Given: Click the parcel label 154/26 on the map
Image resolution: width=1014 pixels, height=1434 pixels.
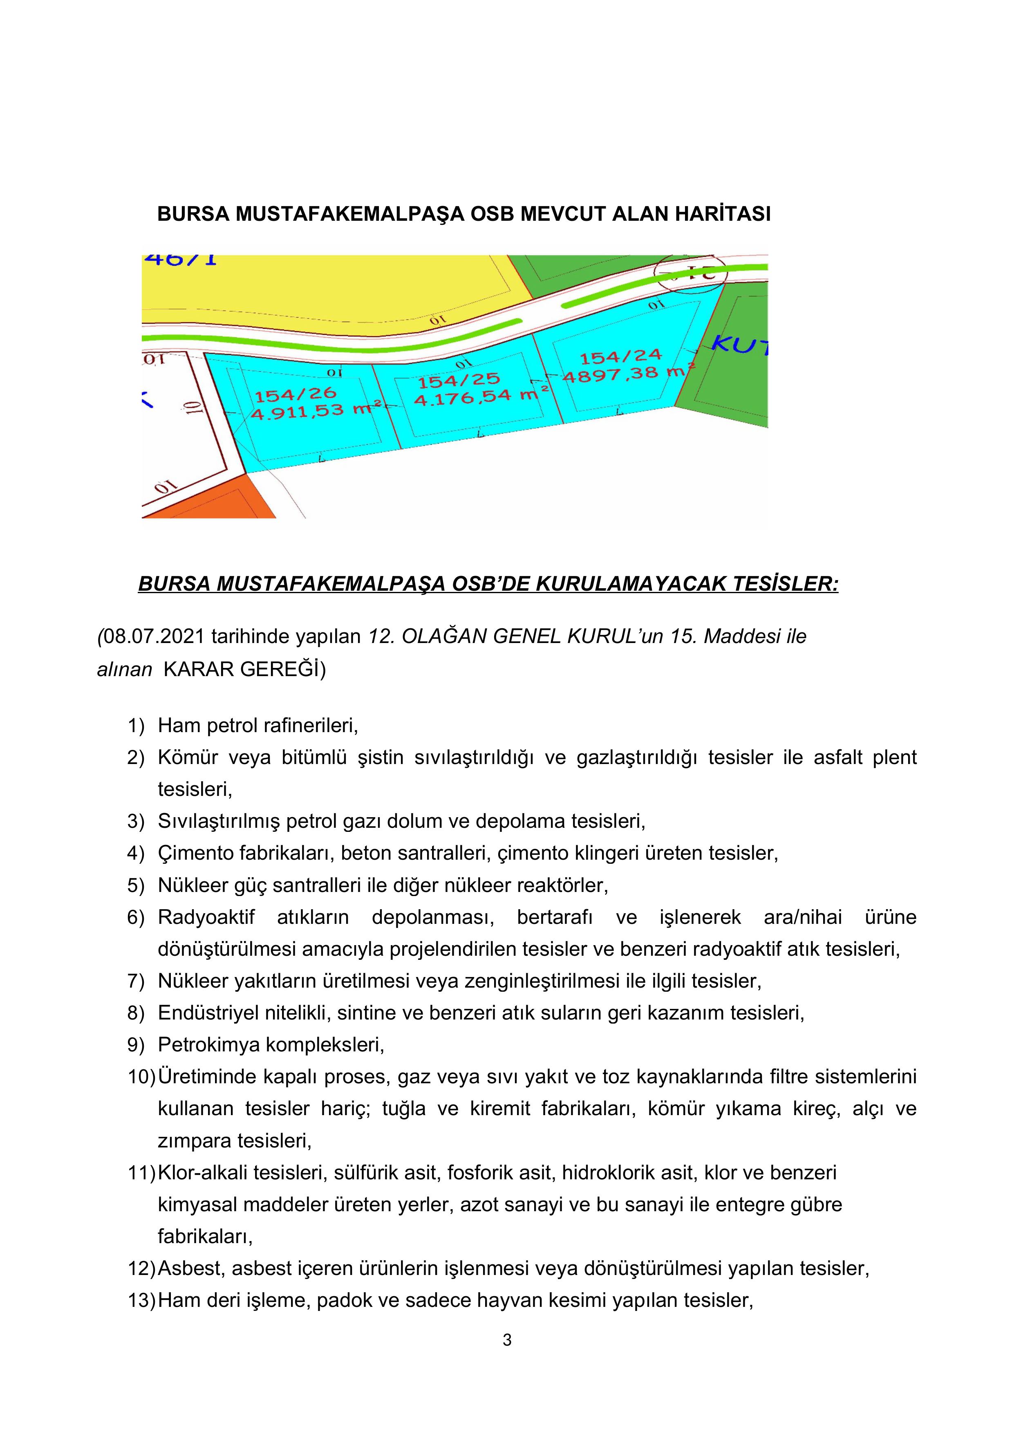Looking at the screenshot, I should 295,395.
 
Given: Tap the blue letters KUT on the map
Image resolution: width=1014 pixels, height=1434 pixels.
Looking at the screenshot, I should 740,345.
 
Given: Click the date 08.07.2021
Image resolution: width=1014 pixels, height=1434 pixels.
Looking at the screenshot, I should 153,636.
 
